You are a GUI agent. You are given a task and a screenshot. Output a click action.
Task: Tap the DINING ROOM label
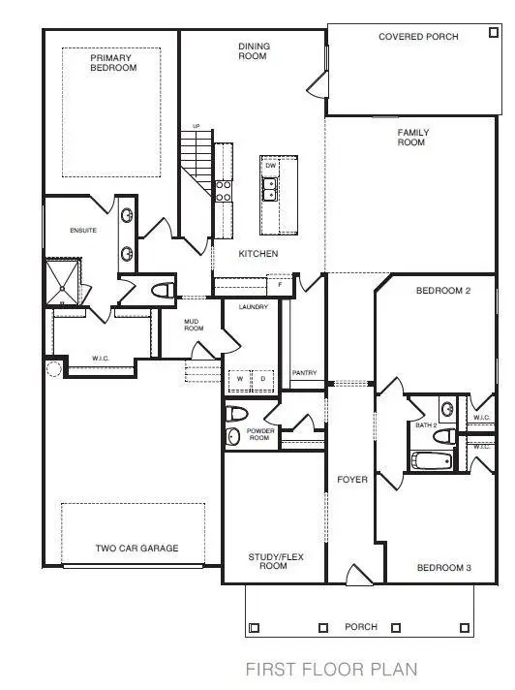[254, 51]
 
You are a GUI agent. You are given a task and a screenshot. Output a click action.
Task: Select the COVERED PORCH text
[418, 37]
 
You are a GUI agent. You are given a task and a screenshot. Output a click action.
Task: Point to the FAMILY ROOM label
[413, 138]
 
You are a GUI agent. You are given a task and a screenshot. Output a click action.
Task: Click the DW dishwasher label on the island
[271, 167]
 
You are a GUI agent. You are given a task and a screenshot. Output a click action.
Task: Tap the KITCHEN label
[258, 254]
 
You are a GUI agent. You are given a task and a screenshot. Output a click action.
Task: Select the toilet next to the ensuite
[163, 290]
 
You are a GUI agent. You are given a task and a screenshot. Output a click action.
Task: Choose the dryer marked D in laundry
[260, 379]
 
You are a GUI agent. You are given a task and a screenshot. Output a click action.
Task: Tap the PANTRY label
[304, 373]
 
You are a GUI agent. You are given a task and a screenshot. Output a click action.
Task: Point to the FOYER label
[351, 480]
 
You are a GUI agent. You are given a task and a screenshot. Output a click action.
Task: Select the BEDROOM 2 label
[442, 292]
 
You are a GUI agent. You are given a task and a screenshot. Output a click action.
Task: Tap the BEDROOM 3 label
[443, 568]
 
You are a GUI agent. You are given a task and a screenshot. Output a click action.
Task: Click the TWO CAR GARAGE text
[136, 549]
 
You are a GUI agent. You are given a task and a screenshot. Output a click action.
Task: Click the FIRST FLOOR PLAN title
[331, 669]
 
